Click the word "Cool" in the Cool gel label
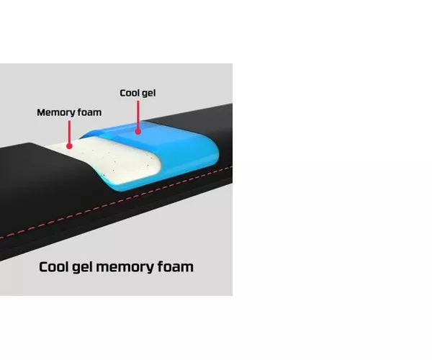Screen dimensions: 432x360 [x=129, y=93]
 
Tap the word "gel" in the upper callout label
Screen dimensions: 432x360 [x=148, y=94]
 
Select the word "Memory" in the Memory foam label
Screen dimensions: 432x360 [x=56, y=112]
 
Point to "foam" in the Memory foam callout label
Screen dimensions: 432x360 [x=89, y=112]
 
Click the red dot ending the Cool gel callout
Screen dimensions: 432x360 [x=138, y=131]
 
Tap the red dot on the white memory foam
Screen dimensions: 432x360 [x=69, y=146]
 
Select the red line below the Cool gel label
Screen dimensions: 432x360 [x=138, y=114]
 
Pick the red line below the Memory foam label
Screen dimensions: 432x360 [x=69, y=132]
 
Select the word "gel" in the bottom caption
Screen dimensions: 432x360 [x=82, y=268]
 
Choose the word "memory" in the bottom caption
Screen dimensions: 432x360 [x=125, y=268]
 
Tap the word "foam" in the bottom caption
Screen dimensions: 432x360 [x=175, y=266]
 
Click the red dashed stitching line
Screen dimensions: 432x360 [x=116, y=202]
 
